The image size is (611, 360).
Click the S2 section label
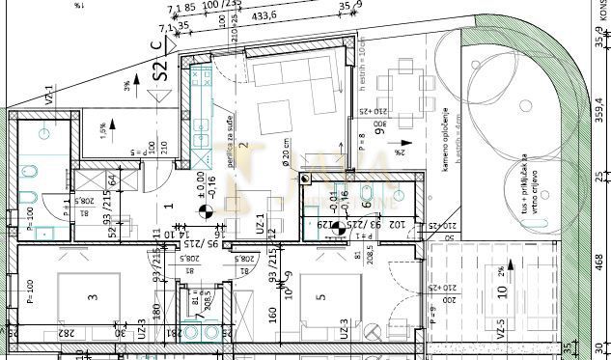tap(162, 69)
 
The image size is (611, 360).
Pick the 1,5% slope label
tap(100, 125)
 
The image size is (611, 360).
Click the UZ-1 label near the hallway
tap(258, 224)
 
